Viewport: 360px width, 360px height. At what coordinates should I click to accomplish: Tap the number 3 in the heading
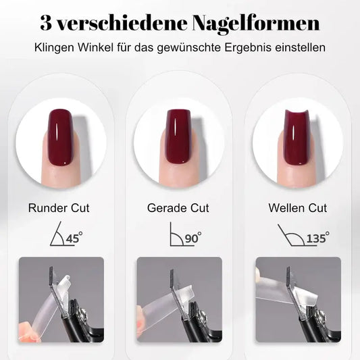click(47, 24)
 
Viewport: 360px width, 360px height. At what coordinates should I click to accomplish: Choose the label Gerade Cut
click(178, 208)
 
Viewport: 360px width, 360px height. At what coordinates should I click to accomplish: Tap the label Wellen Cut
click(297, 208)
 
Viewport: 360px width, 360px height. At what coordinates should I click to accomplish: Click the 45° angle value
click(74, 238)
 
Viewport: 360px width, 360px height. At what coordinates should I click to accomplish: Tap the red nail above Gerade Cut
click(178, 138)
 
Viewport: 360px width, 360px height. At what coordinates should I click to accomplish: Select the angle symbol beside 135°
click(289, 235)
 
